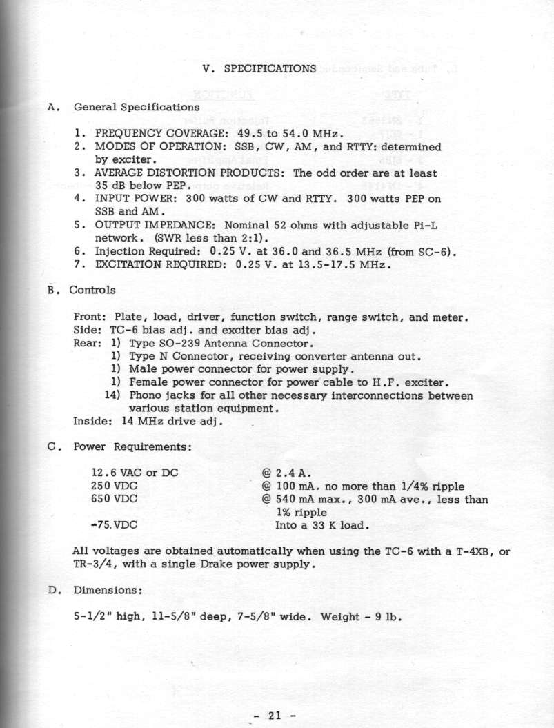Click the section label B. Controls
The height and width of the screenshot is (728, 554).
coord(82,290)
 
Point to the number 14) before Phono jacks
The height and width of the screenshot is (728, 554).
coord(112,395)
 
